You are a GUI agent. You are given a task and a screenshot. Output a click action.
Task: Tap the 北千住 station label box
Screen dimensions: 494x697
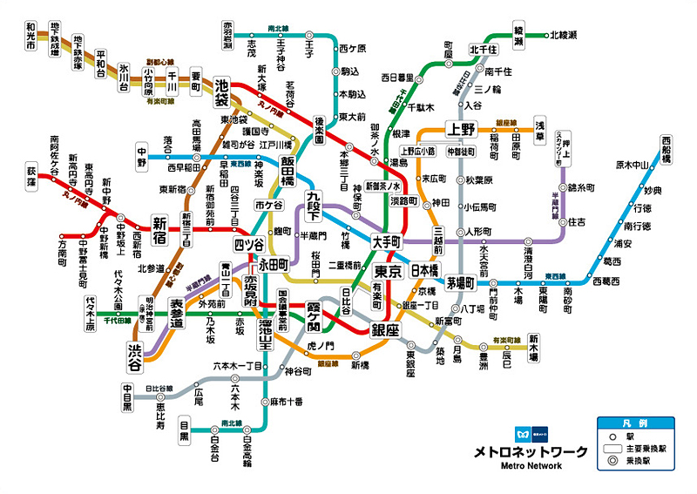coord(483,49)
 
